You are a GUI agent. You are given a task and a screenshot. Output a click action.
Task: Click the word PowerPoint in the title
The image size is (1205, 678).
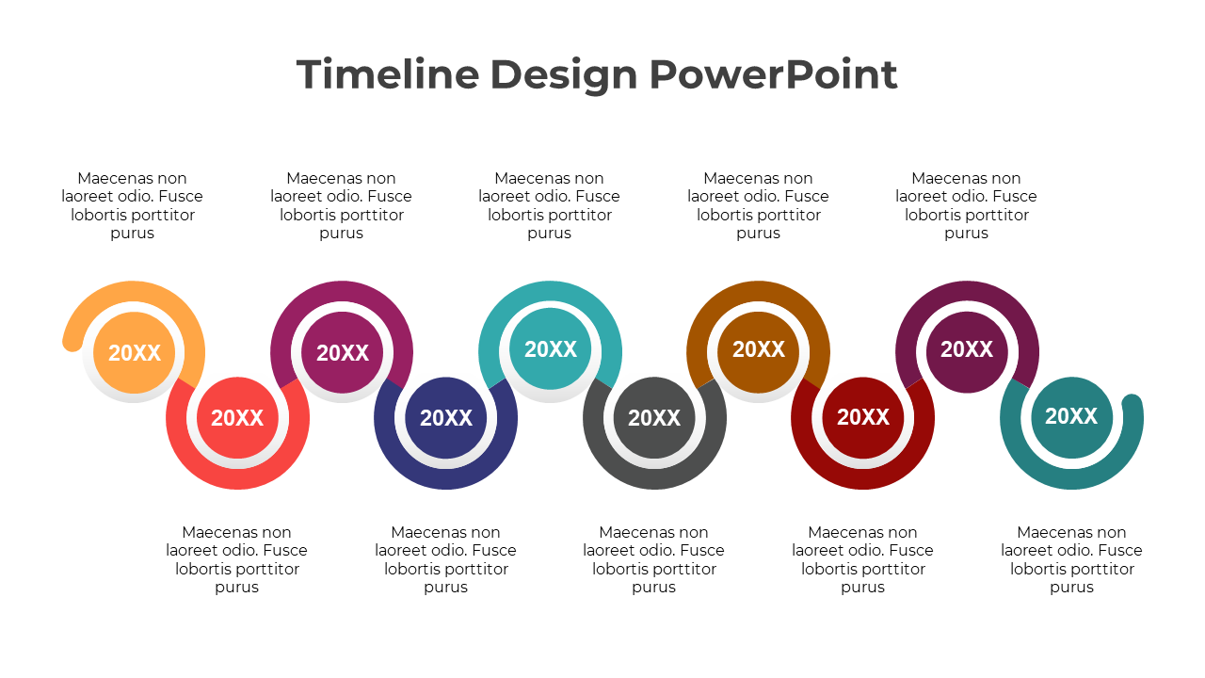pyautogui.click(x=773, y=74)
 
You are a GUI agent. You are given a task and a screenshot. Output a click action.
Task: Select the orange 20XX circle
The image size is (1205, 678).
pyautogui.click(x=135, y=352)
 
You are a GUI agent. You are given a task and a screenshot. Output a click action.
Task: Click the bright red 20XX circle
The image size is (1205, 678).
pyautogui.click(x=237, y=418)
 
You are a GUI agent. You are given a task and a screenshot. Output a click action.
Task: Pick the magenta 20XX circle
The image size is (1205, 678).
pyautogui.click(x=343, y=352)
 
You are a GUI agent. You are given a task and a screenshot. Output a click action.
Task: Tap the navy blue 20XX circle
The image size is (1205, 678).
pyautogui.click(x=446, y=418)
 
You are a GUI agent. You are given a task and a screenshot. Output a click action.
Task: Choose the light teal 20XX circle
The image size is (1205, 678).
pyautogui.click(x=551, y=349)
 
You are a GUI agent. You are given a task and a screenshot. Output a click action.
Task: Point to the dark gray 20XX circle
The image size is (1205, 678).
pyautogui.click(x=654, y=418)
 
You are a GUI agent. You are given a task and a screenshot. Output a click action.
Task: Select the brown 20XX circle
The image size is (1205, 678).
pyautogui.click(x=759, y=349)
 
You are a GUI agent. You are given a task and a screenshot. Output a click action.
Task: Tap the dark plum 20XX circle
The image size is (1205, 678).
pyautogui.click(x=967, y=349)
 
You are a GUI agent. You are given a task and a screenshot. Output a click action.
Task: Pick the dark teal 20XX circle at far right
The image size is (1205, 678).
pyautogui.click(x=1071, y=416)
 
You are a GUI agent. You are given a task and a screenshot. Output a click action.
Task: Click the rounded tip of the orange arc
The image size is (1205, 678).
pyautogui.click(x=72, y=343)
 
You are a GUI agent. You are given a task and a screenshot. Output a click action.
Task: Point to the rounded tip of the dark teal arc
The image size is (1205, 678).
pyautogui.click(x=1133, y=404)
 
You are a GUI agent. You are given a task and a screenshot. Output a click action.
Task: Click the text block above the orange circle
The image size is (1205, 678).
pyautogui.click(x=133, y=205)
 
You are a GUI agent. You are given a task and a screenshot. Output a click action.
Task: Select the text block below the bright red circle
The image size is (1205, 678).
pyautogui.click(x=237, y=559)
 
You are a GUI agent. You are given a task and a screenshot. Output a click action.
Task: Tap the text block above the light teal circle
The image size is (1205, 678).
pyautogui.click(x=550, y=205)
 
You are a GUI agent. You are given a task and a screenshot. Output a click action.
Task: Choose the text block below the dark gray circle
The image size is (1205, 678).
pyautogui.click(x=654, y=559)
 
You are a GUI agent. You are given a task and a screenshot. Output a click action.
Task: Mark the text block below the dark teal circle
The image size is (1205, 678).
pyautogui.click(x=1071, y=559)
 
